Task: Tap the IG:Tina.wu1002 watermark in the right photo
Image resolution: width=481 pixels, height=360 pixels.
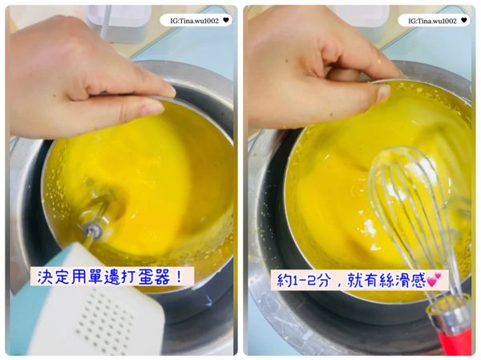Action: click(x=429, y=20)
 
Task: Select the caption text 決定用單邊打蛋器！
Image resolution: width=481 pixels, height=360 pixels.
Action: click(x=112, y=277)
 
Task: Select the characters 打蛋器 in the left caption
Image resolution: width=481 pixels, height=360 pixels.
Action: click(x=157, y=277)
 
